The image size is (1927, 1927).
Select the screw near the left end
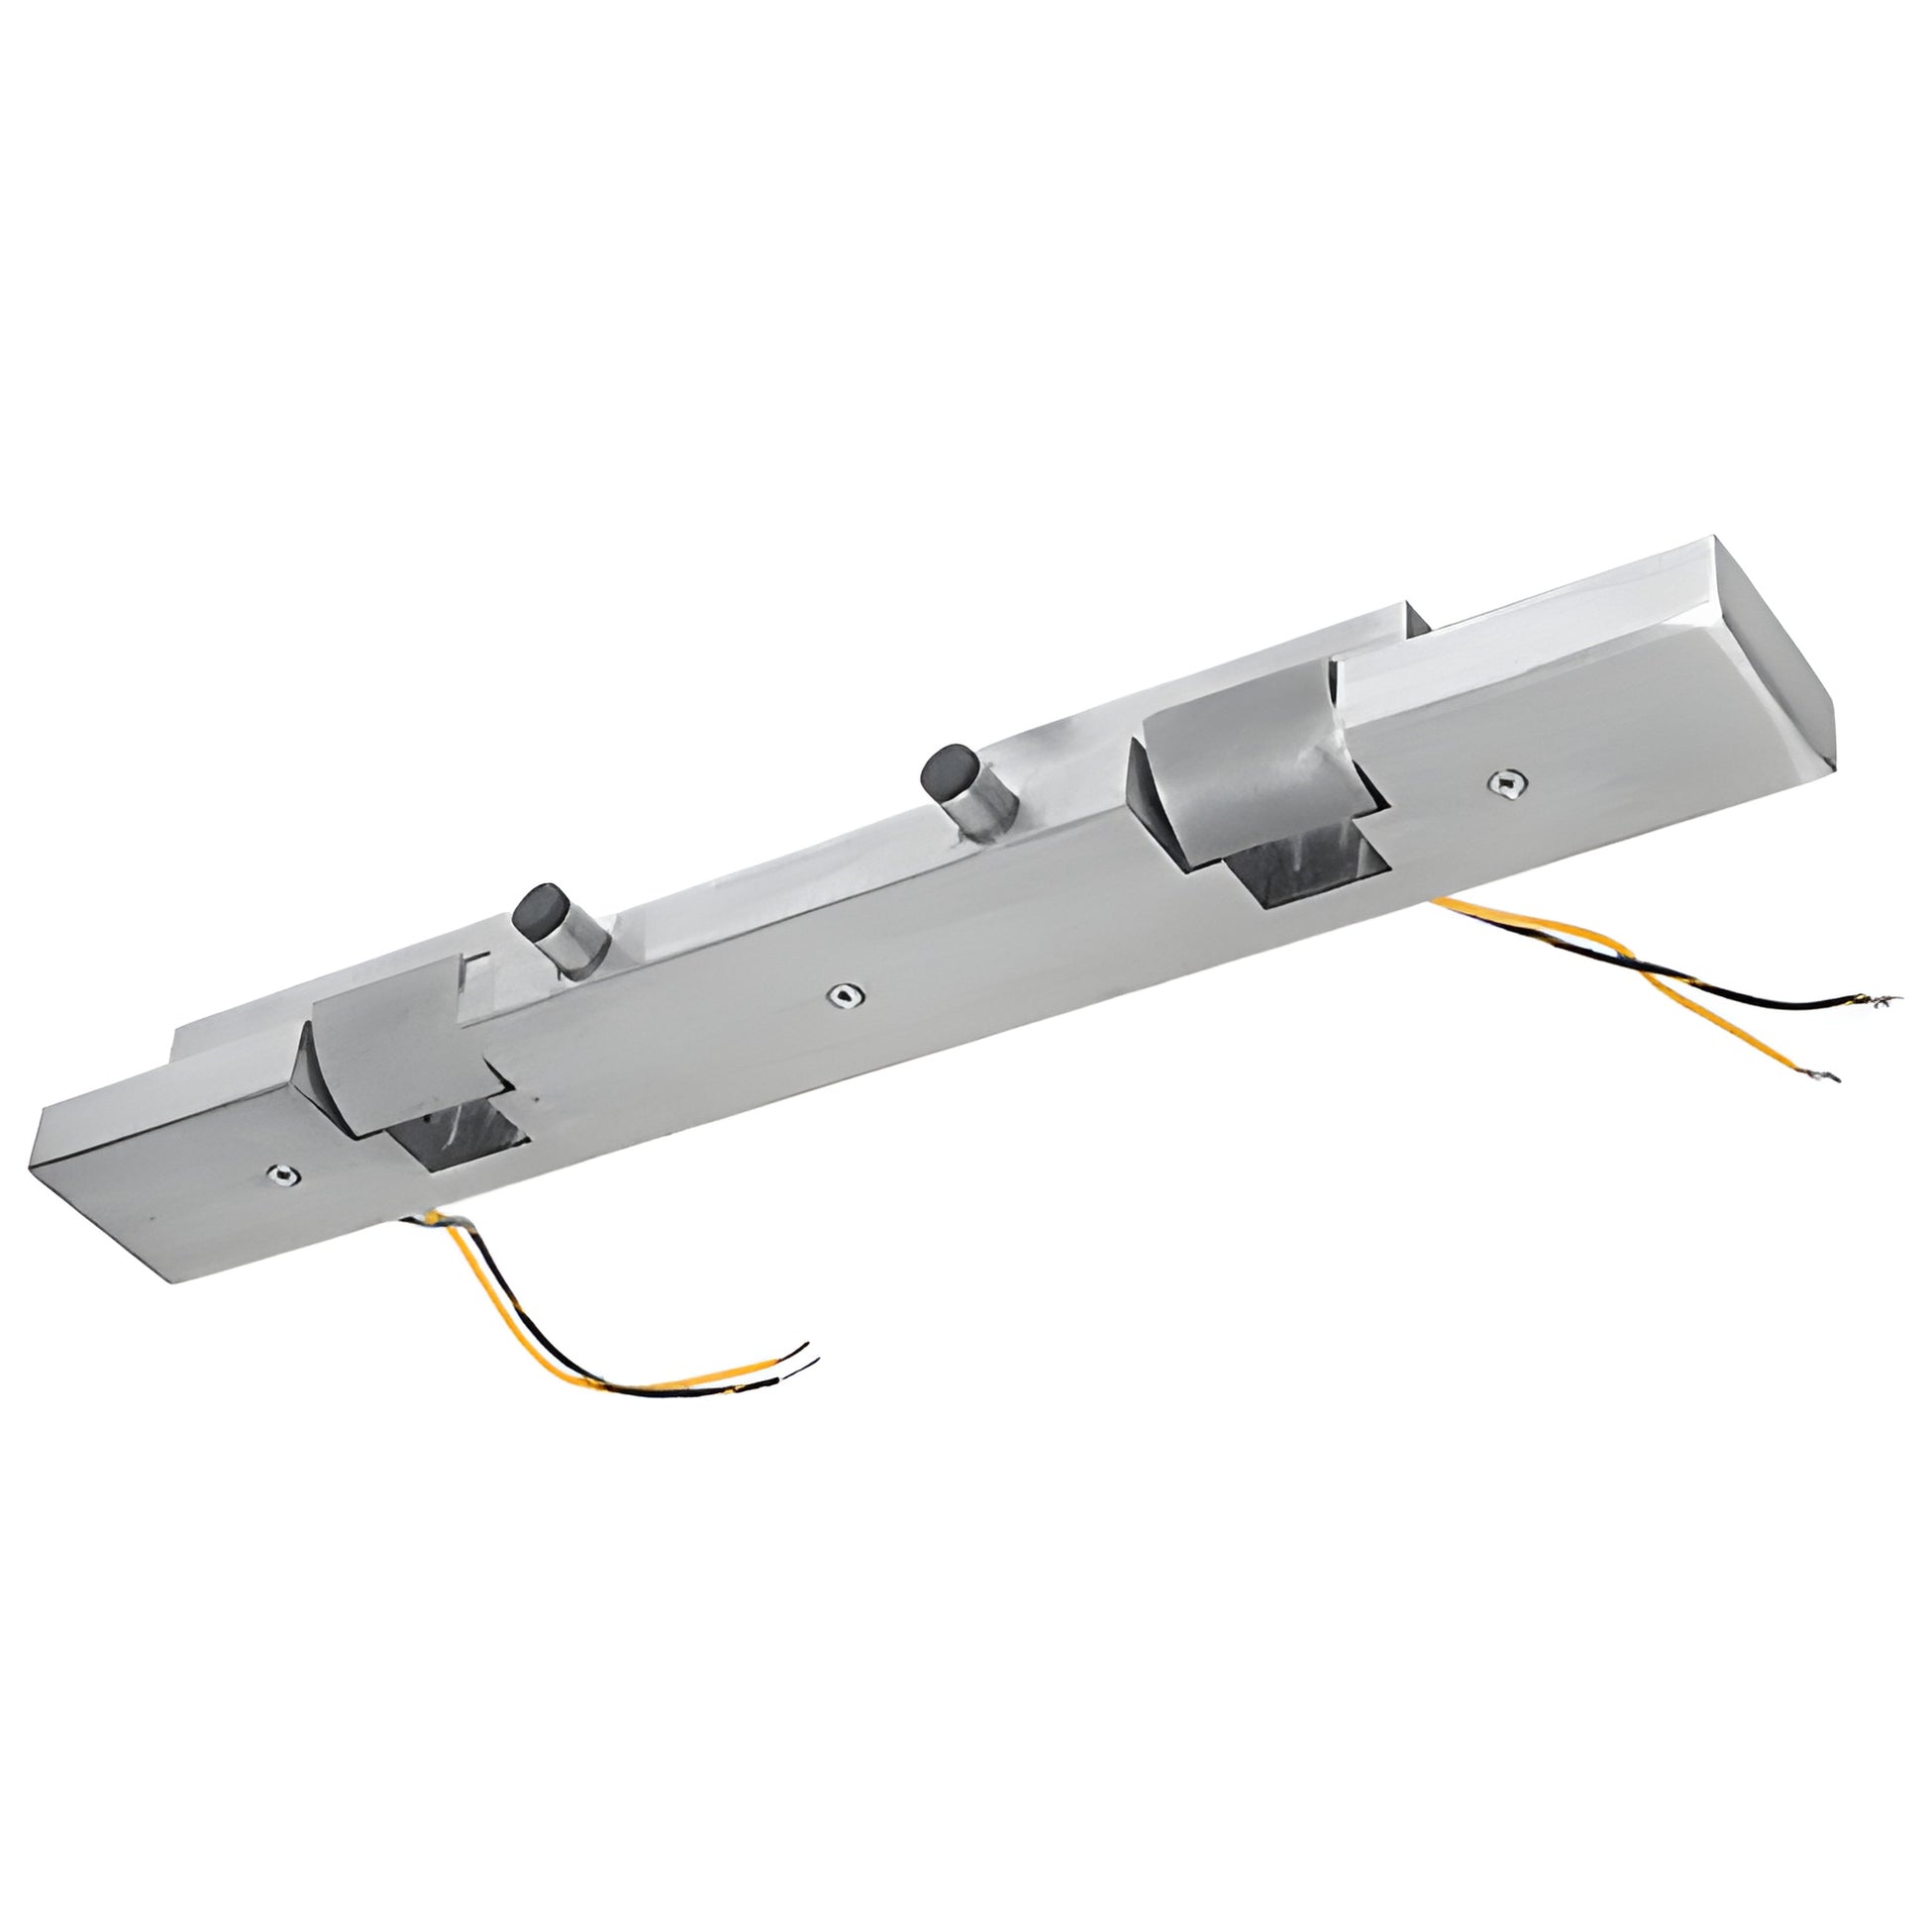coord(283,1176)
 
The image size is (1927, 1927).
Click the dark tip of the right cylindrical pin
coord(944,770)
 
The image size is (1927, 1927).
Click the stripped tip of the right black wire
coord(1876,999)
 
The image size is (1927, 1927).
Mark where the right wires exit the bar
coord(1441,902)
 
